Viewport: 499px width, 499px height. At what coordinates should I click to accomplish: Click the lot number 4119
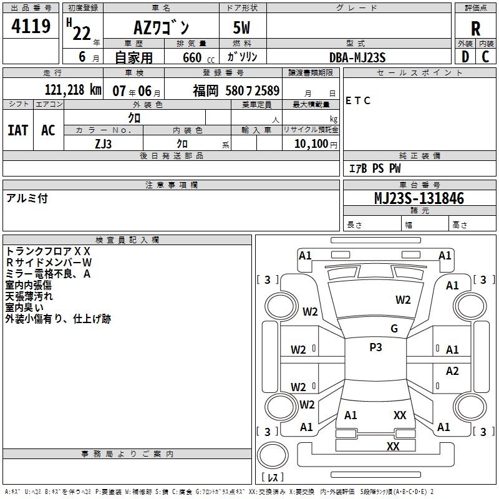[31, 26]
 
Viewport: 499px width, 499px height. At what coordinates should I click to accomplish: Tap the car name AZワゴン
[162, 27]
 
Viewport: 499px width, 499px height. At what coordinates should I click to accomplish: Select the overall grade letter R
[475, 28]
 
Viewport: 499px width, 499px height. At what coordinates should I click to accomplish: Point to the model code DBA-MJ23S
[357, 57]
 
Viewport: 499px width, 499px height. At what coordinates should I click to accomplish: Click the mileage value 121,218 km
[73, 90]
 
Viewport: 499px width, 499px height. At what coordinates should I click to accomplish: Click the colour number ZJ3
[104, 144]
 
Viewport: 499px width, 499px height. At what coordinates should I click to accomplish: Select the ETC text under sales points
[358, 101]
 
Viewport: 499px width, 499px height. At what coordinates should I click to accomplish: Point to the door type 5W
[244, 27]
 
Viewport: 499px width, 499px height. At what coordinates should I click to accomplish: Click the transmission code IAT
[17, 130]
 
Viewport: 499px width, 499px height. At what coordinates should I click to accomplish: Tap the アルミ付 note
[27, 198]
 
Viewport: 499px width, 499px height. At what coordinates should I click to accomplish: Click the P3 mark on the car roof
[375, 347]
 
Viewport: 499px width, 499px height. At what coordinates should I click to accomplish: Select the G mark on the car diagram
[394, 329]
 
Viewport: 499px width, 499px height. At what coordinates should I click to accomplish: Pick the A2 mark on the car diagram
[452, 371]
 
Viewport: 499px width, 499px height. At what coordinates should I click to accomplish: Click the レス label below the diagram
[272, 477]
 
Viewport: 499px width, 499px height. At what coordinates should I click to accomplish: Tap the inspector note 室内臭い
[24, 308]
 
